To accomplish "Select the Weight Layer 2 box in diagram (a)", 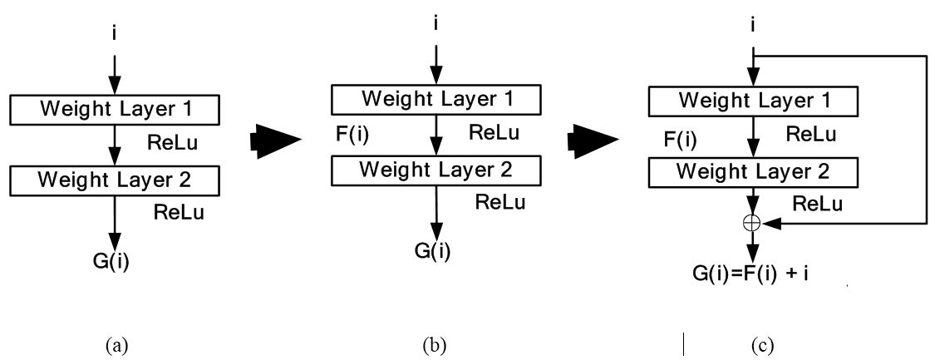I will pyautogui.click(x=114, y=180).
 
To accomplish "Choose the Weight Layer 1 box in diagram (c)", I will pyautogui.click(x=752, y=101).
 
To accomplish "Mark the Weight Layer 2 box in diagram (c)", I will pyautogui.click(x=752, y=172).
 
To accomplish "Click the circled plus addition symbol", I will pyautogui.click(x=751, y=222).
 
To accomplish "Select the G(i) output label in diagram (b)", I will pyautogui.click(x=432, y=250).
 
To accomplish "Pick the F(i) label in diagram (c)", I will pyautogui.click(x=680, y=137).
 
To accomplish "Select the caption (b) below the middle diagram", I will pyautogui.click(x=433, y=345).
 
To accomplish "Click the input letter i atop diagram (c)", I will pyautogui.click(x=752, y=26).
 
